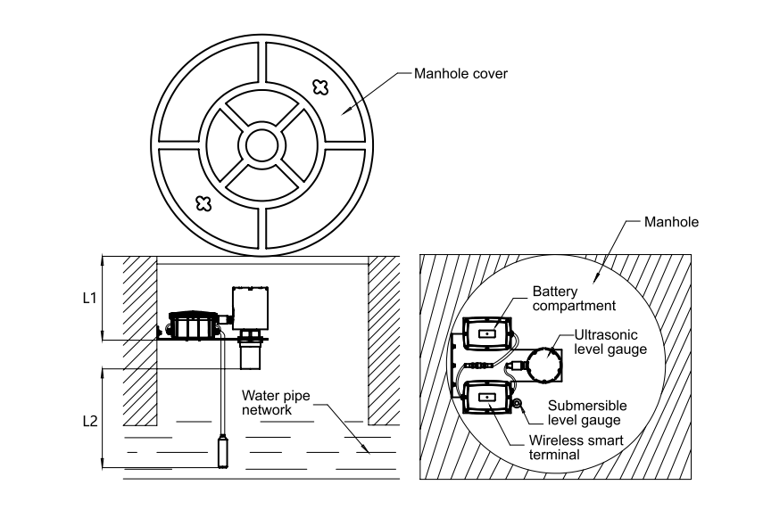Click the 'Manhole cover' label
tap(460, 74)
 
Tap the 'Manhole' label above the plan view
tap(671, 222)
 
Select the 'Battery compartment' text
tap(574, 299)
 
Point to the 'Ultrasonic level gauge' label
tap(610, 342)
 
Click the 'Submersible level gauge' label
tap(587, 413)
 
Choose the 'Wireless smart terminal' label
tap(576, 448)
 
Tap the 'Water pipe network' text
tap(276, 403)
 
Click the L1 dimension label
tap(89, 298)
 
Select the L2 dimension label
tap(90, 422)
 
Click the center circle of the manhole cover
tap(261, 144)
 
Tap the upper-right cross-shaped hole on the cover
tap(320, 87)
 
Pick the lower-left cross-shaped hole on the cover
tap(203, 203)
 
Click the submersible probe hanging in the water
tap(222, 451)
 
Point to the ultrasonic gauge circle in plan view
tap(544, 364)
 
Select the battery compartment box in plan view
tap(486, 333)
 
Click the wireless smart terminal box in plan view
tap(486, 398)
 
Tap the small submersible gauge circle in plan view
tap(517, 403)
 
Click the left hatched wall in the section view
tap(139, 341)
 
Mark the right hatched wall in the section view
tap(384, 341)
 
